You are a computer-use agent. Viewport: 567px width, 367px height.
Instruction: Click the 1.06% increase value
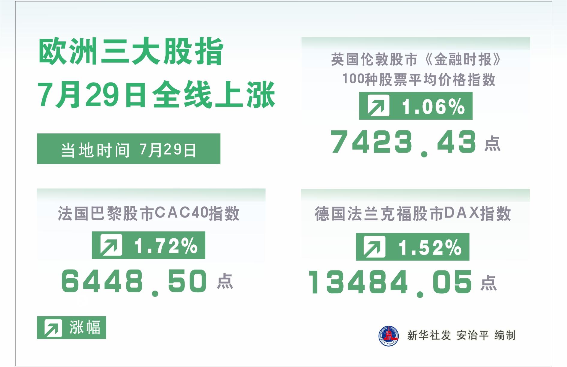pos(433,106)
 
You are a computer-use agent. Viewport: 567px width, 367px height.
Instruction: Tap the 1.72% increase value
pos(166,246)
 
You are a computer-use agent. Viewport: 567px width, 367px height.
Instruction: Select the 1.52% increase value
pos(430,247)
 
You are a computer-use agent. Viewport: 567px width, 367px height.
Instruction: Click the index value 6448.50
pos(134,282)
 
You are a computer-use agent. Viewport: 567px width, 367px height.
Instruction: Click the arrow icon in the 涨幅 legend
pos(53,327)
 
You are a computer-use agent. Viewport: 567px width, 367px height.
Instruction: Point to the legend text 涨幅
pos(85,327)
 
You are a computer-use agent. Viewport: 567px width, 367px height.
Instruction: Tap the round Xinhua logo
pos(389,336)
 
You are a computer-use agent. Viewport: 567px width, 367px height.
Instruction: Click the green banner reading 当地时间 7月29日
pos(129,149)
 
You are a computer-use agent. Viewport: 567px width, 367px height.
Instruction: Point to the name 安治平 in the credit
pos(472,335)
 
